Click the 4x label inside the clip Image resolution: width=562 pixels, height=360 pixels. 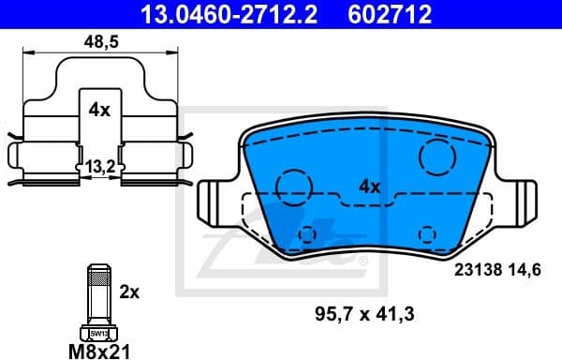pyautogui.click(x=99, y=110)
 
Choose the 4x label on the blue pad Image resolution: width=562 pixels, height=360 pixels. pyautogui.click(x=368, y=187)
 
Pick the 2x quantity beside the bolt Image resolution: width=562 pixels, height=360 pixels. pyautogui.click(x=129, y=291)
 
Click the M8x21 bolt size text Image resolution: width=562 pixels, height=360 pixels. pyautogui.click(x=99, y=350)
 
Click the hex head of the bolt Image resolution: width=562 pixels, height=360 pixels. pyautogui.click(x=97, y=331)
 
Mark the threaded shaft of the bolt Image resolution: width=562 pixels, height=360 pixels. pyautogui.click(x=97, y=296)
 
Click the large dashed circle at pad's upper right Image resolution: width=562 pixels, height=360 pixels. pyautogui.click(x=437, y=156)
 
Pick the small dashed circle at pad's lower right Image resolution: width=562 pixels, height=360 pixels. pyautogui.click(x=428, y=233)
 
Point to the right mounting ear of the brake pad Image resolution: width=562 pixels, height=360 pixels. pyautogui.click(x=520, y=201)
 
